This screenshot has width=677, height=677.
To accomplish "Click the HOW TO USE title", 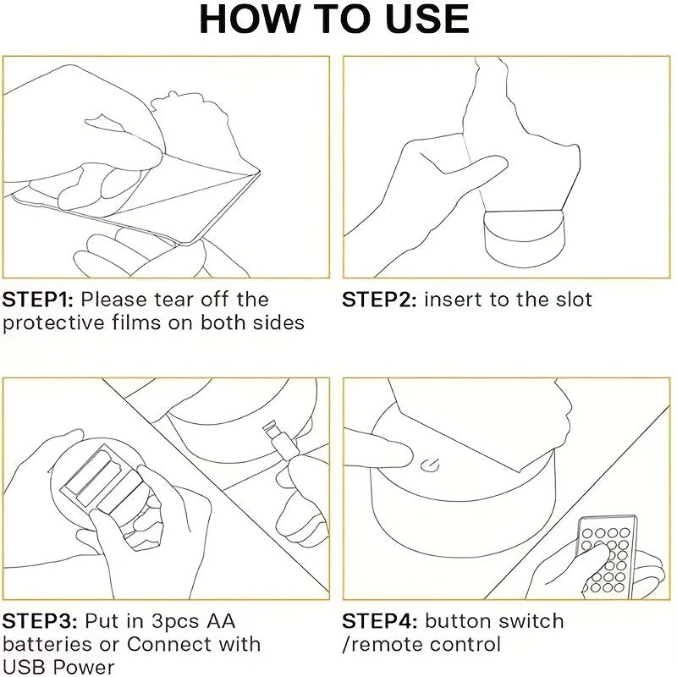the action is coord(334,19).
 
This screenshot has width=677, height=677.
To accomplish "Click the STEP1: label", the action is coord(38,300).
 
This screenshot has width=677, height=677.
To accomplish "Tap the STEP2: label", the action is coord(379,300).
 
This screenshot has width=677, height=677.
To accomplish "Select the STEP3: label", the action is coord(40,621).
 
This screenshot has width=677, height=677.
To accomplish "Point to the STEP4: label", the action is coord(380,621).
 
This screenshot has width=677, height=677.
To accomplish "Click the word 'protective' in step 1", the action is coord(53,323).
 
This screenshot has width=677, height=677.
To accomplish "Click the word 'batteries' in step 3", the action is coord(47,645).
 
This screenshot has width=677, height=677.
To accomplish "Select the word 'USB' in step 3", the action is coord(25,667).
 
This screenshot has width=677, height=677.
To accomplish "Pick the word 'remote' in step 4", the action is coord(383,645).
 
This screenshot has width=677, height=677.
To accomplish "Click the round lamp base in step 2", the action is coord(522,238).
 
